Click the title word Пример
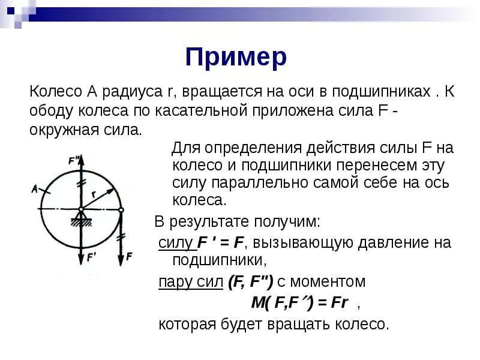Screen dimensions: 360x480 pyautogui.click(x=236, y=58)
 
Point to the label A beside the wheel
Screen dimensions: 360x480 pyautogui.click(x=35, y=188)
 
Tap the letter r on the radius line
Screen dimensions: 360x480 pyautogui.click(x=95, y=194)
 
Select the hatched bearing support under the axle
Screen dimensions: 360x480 pyautogui.click(x=81, y=221)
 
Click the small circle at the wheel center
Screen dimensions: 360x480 pyautogui.click(x=82, y=209)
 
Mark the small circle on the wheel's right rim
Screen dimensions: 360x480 pyautogui.click(x=121, y=209)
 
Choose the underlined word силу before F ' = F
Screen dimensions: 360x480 pyautogui.click(x=175, y=242)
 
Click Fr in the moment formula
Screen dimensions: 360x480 pyautogui.click(x=340, y=303)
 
